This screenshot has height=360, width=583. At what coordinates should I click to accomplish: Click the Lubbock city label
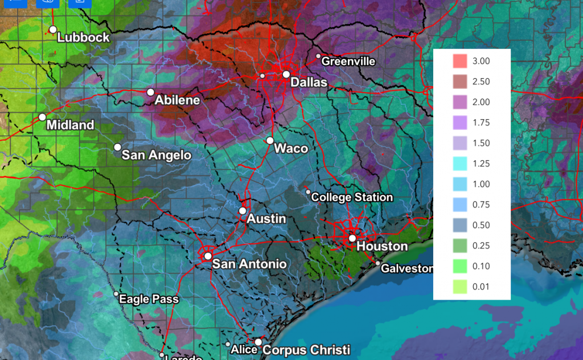[x=84, y=38]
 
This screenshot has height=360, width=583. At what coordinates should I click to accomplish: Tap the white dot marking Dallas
[x=286, y=74]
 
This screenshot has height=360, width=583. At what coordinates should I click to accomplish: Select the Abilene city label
[x=178, y=100]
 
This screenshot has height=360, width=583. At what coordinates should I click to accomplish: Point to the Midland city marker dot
[x=42, y=117]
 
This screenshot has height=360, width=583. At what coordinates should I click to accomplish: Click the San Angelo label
[x=157, y=155]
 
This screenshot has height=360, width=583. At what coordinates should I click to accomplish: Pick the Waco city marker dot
[x=270, y=140]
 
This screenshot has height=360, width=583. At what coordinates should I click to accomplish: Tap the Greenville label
[x=348, y=61]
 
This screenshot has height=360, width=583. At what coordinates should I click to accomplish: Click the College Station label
[x=352, y=197]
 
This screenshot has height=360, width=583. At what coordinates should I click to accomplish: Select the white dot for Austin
[x=243, y=211]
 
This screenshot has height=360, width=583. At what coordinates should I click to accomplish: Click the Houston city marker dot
[x=352, y=238]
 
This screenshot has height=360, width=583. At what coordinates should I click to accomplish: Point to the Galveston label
[x=407, y=268]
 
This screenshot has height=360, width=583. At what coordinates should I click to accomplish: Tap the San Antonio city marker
[x=208, y=256]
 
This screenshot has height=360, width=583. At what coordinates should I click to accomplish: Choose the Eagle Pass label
[x=149, y=299]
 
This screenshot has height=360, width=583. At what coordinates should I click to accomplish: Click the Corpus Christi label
[x=306, y=350]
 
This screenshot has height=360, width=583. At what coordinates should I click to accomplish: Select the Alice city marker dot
[x=228, y=345]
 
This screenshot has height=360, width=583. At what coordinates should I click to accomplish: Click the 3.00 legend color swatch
[x=460, y=61]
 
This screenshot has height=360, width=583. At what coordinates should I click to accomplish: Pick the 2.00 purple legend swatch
[x=460, y=102]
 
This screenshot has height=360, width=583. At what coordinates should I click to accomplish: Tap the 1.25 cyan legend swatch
[x=460, y=163]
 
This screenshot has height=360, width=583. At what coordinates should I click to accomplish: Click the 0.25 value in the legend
[x=481, y=246]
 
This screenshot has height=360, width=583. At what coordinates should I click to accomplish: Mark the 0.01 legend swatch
[x=460, y=287]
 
